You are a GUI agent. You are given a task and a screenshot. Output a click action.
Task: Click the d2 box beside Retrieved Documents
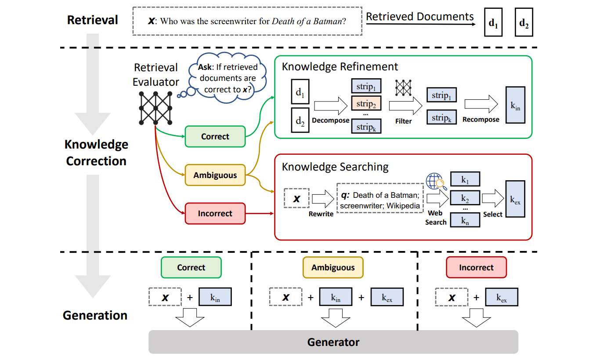524,22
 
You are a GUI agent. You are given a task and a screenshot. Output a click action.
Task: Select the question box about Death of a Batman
247,21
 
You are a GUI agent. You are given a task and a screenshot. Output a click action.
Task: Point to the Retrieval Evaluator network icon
155,108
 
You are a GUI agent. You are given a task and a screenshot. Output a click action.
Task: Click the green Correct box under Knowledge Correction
215,136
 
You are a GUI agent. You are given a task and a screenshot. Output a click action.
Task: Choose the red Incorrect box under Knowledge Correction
215,214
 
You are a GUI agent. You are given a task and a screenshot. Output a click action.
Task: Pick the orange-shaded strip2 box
366,104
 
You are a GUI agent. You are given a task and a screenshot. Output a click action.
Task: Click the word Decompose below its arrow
331,120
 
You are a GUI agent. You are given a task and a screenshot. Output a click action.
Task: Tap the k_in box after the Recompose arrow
515,105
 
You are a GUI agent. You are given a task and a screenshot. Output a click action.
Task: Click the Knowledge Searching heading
335,167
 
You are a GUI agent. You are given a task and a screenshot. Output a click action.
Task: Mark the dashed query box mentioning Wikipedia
379,198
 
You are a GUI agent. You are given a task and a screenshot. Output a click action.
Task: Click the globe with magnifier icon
436,182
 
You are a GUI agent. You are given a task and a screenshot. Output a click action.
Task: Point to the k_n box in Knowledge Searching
465,220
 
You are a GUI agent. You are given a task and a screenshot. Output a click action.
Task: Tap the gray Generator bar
333,342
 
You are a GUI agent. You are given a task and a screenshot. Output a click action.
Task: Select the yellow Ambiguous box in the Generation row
333,268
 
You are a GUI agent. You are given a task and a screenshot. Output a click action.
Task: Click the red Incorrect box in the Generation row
476,268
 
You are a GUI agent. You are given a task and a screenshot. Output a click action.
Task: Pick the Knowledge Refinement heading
340,67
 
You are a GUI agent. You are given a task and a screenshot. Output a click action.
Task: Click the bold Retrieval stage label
92,20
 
